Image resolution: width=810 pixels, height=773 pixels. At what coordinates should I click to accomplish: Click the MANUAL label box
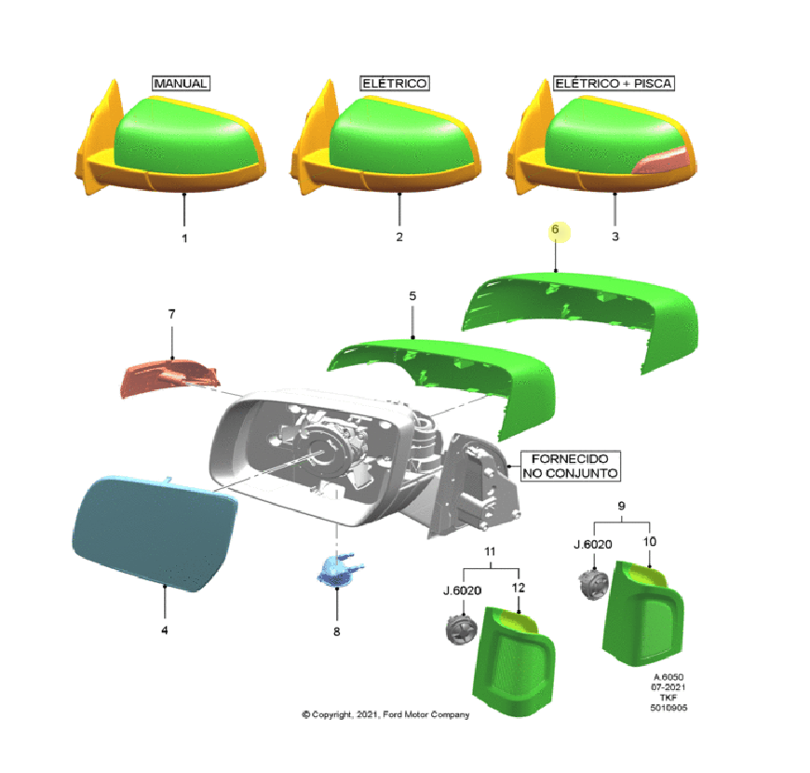181,83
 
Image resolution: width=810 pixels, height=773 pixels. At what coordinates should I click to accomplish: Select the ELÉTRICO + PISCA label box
614,83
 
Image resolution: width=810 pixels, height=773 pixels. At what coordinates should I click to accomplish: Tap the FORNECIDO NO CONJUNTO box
570,466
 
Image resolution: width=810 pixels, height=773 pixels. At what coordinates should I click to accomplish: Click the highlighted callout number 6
556,229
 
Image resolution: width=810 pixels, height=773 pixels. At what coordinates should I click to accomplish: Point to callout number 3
614,237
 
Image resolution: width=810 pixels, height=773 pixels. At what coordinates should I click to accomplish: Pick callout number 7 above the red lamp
171,314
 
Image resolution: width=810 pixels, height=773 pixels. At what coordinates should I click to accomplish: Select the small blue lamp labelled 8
339,570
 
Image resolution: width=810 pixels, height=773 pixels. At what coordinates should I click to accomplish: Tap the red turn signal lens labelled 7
169,378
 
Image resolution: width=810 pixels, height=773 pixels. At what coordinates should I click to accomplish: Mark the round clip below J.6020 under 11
461,631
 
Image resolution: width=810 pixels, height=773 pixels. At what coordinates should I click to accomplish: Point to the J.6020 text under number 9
593,545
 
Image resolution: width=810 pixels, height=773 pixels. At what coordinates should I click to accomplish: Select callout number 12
519,588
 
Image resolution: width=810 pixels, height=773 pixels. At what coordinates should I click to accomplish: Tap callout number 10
649,541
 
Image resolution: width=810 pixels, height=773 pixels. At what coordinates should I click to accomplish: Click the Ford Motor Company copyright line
385,714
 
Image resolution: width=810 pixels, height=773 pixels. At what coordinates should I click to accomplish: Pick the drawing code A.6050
668,677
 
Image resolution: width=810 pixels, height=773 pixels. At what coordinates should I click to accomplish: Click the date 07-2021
668,687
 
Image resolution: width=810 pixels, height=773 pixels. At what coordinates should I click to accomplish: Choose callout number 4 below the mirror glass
164,631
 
